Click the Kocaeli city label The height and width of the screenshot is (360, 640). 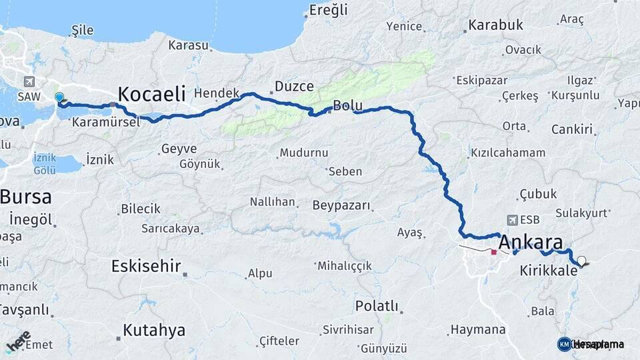[x=151, y=94]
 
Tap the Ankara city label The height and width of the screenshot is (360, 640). [x=531, y=242]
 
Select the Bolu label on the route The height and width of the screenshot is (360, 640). [x=347, y=105]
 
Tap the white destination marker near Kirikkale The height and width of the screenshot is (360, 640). [x=582, y=261]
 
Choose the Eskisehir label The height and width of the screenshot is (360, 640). [x=146, y=267]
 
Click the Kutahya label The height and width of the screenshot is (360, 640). [x=154, y=330]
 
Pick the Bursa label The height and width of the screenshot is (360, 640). [x=26, y=197]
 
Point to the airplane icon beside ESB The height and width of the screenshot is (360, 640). [x=511, y=219]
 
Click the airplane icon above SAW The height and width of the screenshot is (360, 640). [x=29, y=81]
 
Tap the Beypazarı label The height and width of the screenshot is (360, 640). [x=341, y=203]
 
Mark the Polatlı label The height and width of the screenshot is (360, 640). [x=377, y=307]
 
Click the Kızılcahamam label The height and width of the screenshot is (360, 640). [x=508, y=153]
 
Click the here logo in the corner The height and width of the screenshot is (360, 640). [x=17, y=341]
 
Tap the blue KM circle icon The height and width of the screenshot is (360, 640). [x=564, y=344]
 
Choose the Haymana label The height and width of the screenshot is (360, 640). [x=477, y=329]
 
